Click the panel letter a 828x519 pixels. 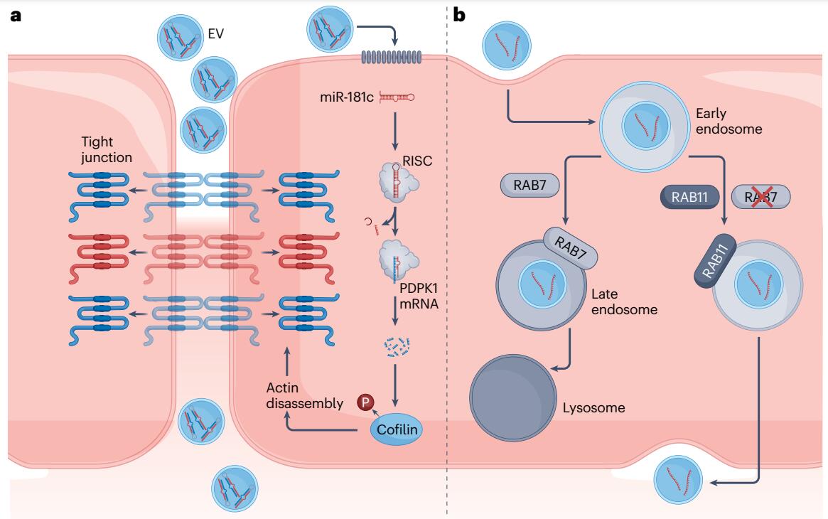[x=15, y=15]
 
